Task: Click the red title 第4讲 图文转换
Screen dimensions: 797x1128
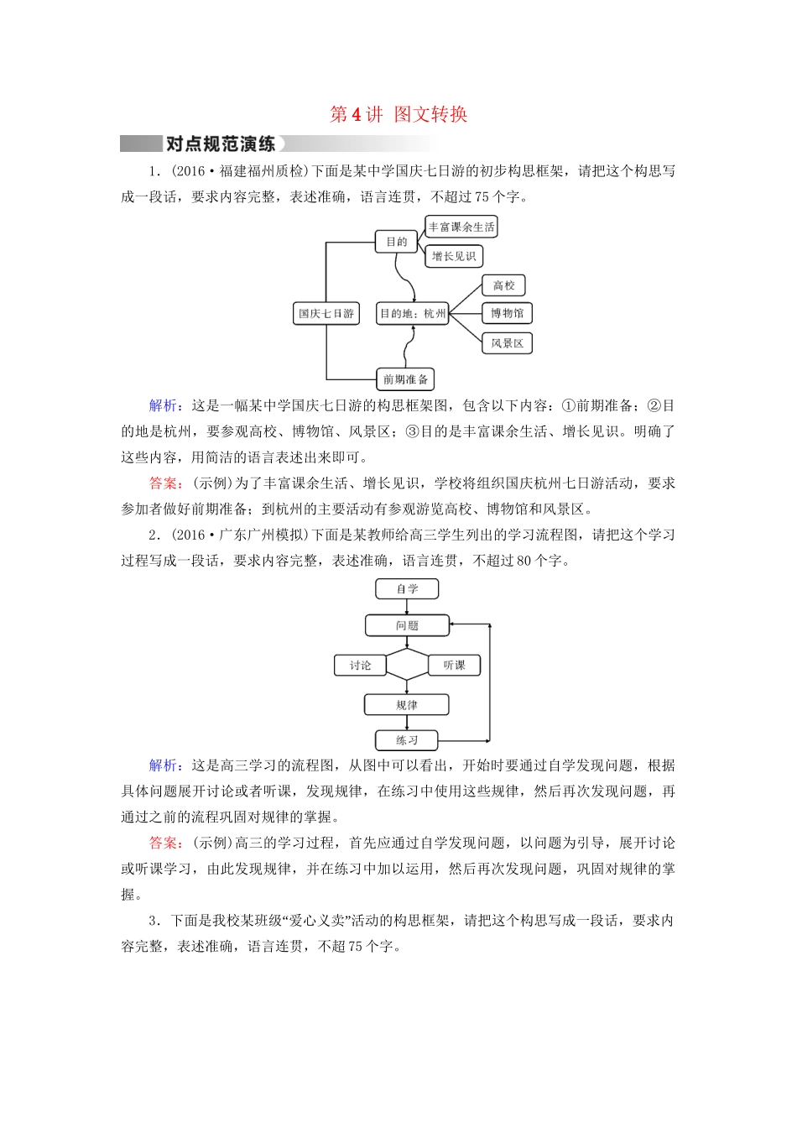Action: click(398, 115)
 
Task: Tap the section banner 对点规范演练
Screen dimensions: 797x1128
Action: click(221, 144)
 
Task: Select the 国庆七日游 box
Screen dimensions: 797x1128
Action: click(326, 314)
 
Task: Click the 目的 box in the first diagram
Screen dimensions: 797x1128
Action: click(396, 242)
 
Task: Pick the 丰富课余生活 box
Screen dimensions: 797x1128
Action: click(461, 227)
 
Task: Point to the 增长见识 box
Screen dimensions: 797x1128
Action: click(454, 256)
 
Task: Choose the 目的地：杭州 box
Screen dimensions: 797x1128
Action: click(412, 314)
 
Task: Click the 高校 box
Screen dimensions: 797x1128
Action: click(503, 285)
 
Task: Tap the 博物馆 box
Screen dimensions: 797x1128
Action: click(507, 313)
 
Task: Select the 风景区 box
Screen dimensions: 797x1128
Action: click(507, 343)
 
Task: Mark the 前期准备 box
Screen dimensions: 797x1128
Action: click(405, 379)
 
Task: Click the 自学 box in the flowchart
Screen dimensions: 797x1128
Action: click(407, 589)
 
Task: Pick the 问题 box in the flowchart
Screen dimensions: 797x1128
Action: click(407, 625)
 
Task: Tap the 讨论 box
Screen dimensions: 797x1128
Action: click(360, 666)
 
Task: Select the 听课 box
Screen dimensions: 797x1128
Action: click(454, 666)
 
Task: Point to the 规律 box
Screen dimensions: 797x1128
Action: click(407, 705)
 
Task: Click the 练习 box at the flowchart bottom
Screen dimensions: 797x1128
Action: click(407, 740)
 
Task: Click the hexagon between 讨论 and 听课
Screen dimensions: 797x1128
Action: click(407, 665)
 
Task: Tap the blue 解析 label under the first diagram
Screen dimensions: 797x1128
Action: click(163, 406)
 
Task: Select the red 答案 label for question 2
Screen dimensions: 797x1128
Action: click(163, 843)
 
